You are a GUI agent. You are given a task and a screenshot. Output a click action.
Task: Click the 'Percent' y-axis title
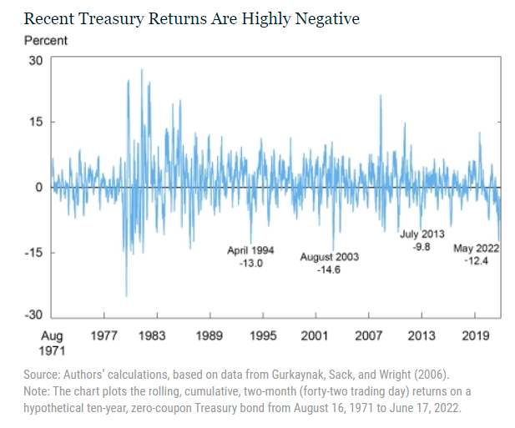point(46,40)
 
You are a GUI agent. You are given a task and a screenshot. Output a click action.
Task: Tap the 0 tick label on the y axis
point(38,187)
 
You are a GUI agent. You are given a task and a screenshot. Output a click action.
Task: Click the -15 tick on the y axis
point(33,252)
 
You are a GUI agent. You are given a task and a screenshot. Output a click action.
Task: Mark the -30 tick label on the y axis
point(33,315)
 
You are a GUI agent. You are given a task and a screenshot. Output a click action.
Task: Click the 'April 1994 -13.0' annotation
point(250,257)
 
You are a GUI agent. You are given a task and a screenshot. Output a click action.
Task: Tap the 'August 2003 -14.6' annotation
point(330,264)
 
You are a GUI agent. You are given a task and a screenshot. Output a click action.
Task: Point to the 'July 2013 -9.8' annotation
point(422,241)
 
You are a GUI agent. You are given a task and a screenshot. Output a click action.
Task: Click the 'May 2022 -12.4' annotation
point(476,255)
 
